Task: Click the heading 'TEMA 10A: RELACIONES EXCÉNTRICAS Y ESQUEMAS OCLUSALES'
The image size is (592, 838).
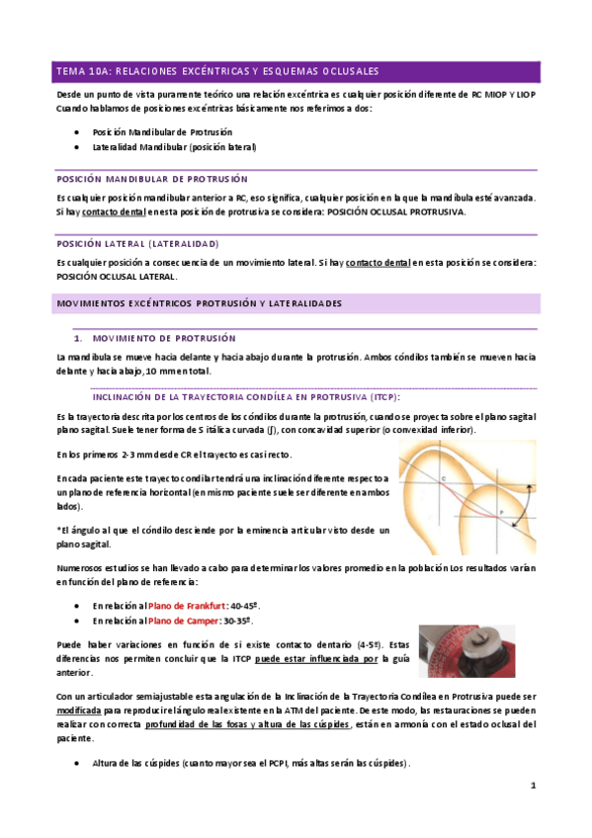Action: tap(217, 71)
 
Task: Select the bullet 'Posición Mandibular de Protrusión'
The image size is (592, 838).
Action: tap(162, 130)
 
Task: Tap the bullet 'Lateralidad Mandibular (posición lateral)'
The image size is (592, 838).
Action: tap(174, 146)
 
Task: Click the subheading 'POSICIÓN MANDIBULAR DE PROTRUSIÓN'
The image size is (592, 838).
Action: tap(143, 180)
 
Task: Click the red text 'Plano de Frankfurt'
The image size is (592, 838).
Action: tap(188, 605)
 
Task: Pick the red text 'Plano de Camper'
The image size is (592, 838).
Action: tap(185, 621)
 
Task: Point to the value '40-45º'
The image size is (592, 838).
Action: tap(246, 605)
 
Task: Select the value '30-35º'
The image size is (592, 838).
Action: tap(241, 621)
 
